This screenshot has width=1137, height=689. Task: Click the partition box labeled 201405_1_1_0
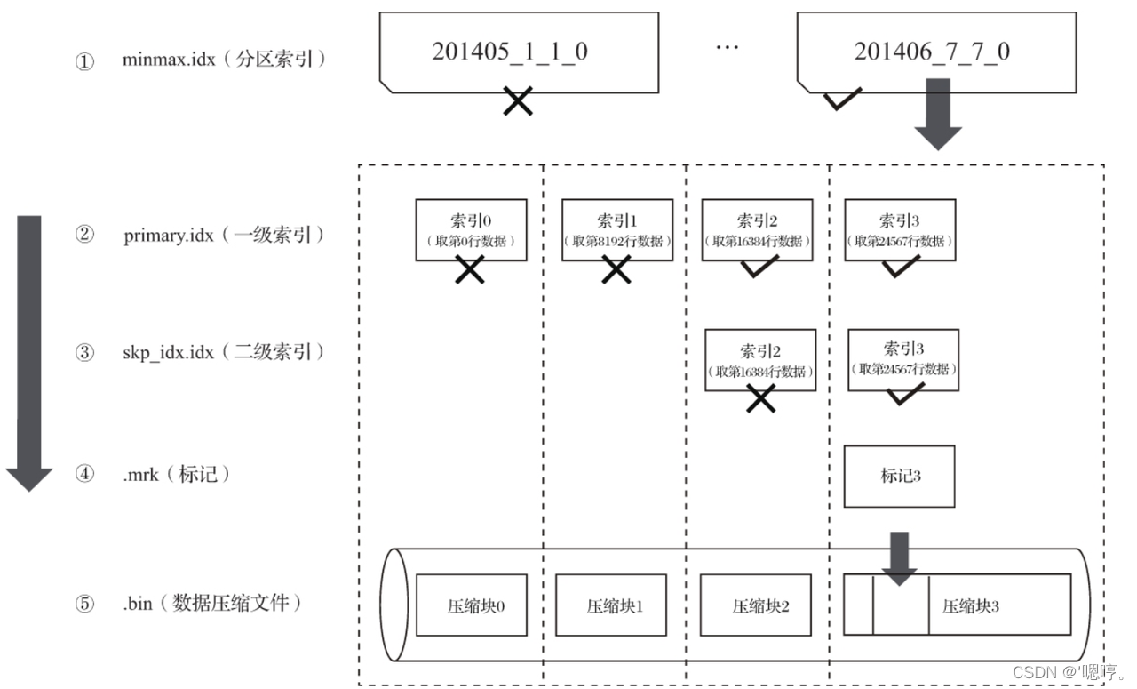coord(519,52)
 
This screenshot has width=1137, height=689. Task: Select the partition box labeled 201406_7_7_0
coord(936,52)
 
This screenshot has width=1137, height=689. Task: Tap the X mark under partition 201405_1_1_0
coord(518,102)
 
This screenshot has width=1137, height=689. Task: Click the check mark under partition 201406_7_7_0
coord(841,100)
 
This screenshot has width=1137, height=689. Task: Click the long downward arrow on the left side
coord(29,351)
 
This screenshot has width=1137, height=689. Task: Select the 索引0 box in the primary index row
coord(471,229)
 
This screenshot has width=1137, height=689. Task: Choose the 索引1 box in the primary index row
coord(617,229)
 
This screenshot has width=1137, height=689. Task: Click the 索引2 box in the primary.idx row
coord(757,229)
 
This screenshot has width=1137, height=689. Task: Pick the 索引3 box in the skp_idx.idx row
coord(903,360)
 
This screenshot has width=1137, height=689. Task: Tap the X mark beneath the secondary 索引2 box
coord(760,400)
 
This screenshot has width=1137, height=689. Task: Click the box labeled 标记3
coord(899,476)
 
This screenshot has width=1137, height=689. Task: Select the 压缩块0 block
coord(471,605)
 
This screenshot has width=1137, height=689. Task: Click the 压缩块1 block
coord(614,605)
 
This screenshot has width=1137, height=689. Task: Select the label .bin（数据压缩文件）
coord(212,603)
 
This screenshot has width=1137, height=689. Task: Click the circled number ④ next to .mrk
coord(84,475)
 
